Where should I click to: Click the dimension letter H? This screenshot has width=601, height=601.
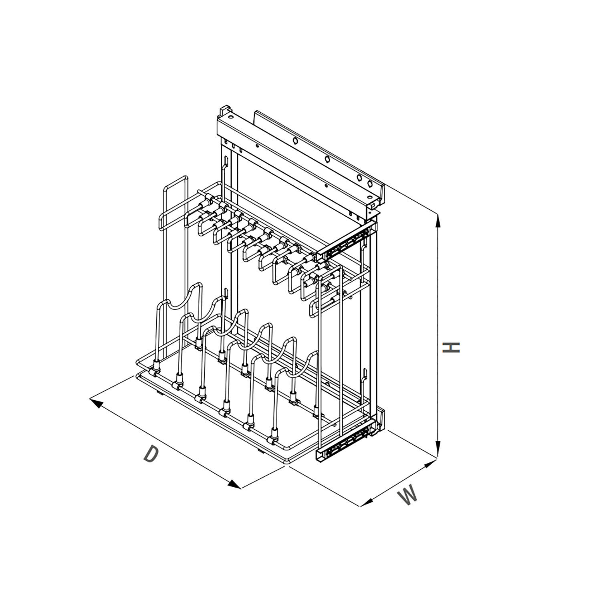click(x=452, y=347)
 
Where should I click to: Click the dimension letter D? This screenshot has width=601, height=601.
click(x=151, y=454)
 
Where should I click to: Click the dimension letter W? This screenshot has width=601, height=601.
click(x=407, y=495)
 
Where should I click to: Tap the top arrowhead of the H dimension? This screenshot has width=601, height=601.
click(x=438, y=221)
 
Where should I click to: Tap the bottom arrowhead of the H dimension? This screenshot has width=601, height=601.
click(x=438, y=448)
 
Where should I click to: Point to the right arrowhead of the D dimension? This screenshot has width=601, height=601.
click(x=234, y=484)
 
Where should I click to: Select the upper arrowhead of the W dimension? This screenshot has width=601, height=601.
click(x=430, y=464)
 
